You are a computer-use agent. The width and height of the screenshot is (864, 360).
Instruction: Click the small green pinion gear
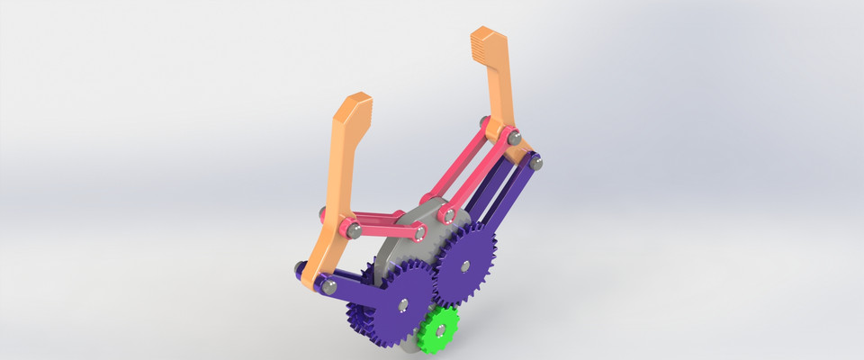click(437, 328)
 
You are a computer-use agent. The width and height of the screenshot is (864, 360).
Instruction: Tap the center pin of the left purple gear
click(400, 303)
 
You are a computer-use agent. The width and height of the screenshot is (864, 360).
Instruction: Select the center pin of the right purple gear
click(464, 265)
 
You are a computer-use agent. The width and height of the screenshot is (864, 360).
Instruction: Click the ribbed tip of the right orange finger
click(486, 44)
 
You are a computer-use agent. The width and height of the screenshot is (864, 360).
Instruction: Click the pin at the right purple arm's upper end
click(535, 163)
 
